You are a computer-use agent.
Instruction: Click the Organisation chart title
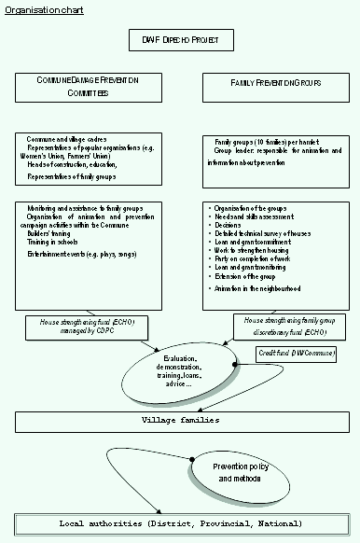pyautogui.click(x=35, y=10)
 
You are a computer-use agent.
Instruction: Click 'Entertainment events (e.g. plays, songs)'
pyautogui.click(x=78, y=254)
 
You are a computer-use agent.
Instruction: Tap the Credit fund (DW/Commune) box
pyautogui.click(x=296, y=355)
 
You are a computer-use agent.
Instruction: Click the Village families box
pyautogui.click(x=180, y=420)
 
